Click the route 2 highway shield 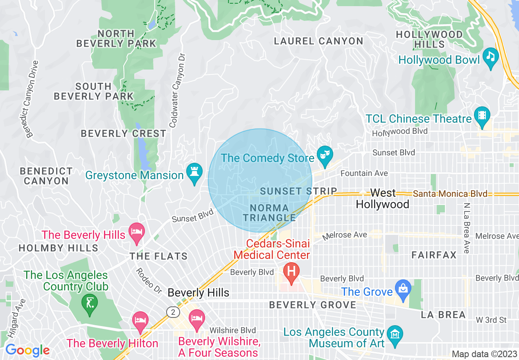coord(173,312)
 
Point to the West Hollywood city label coord(383,198)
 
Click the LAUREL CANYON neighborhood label coord(318,41)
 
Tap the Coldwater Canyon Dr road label coord(178,90)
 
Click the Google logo coord(27,350)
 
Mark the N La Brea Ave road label coord(466,228)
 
